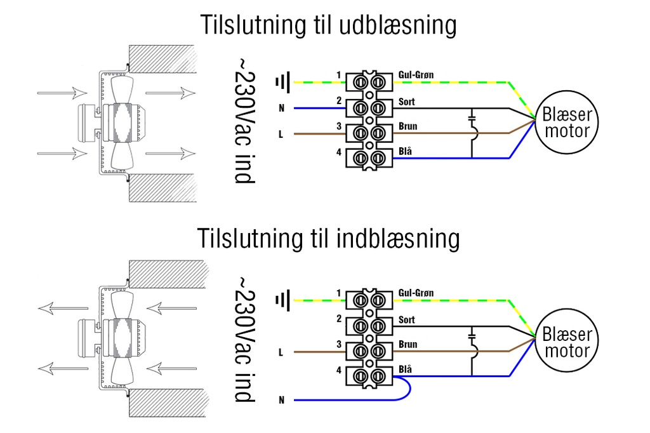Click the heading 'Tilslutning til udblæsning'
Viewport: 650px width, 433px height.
pos(328,25)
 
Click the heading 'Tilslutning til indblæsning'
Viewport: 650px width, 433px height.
pos(328,239)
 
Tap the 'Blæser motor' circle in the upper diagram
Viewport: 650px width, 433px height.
pos(566,123)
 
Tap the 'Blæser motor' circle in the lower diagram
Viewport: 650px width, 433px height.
pos(566,342)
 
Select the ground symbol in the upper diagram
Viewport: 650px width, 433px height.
pos(283,82)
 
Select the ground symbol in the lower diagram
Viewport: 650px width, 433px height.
pos(283,300)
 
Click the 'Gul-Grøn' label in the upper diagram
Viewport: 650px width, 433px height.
pos(416,75)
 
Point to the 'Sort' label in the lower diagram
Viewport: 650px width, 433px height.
pos(407,320)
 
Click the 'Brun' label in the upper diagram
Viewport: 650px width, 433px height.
pos(408,126)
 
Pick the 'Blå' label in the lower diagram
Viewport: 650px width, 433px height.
pos(406,369)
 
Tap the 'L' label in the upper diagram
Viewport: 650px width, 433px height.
pos(281,134)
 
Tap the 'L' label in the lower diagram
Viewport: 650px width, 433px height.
pos(281,352)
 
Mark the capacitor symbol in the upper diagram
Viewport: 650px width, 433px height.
pos(472,118)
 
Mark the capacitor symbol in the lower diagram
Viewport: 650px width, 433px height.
pos(472,335)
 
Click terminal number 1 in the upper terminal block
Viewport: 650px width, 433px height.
pos(339,76)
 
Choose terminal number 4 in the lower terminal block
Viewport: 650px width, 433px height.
pos(339,370)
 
